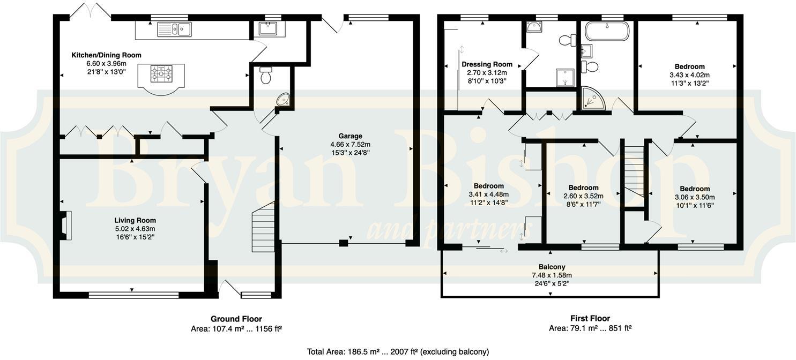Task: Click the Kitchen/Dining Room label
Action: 106,55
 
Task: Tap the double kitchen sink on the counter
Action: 174,29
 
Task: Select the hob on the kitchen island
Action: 161,73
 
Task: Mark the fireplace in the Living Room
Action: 65,225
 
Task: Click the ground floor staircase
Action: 263,227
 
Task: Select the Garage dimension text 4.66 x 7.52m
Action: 350,144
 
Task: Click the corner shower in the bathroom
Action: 593,99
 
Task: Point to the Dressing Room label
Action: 487,64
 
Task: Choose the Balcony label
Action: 552,267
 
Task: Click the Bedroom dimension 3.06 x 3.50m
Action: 695,197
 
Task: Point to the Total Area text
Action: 397,352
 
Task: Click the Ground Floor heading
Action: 236,319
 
